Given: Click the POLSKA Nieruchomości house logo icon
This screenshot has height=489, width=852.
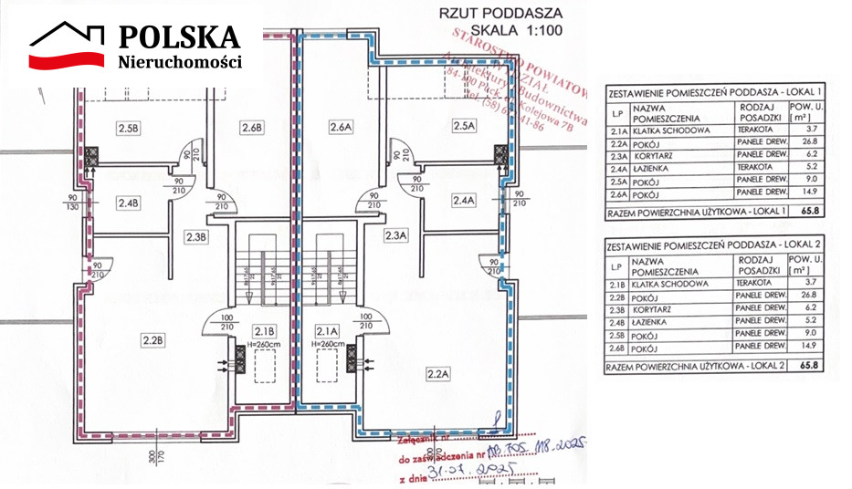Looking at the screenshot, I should (68, 47).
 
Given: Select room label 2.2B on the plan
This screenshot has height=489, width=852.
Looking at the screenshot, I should (153, 341).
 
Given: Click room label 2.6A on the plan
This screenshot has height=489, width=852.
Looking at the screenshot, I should (341, 128).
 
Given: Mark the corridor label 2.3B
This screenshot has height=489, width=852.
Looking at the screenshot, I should (197, 237).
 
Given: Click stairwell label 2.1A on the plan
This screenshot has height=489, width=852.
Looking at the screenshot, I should (327, 330).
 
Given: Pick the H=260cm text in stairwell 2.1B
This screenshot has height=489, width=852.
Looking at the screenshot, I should (265, 346).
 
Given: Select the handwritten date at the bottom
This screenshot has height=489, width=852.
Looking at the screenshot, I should (481, 472).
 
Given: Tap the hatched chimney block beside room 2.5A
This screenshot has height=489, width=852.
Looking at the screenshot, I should (500, 156).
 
